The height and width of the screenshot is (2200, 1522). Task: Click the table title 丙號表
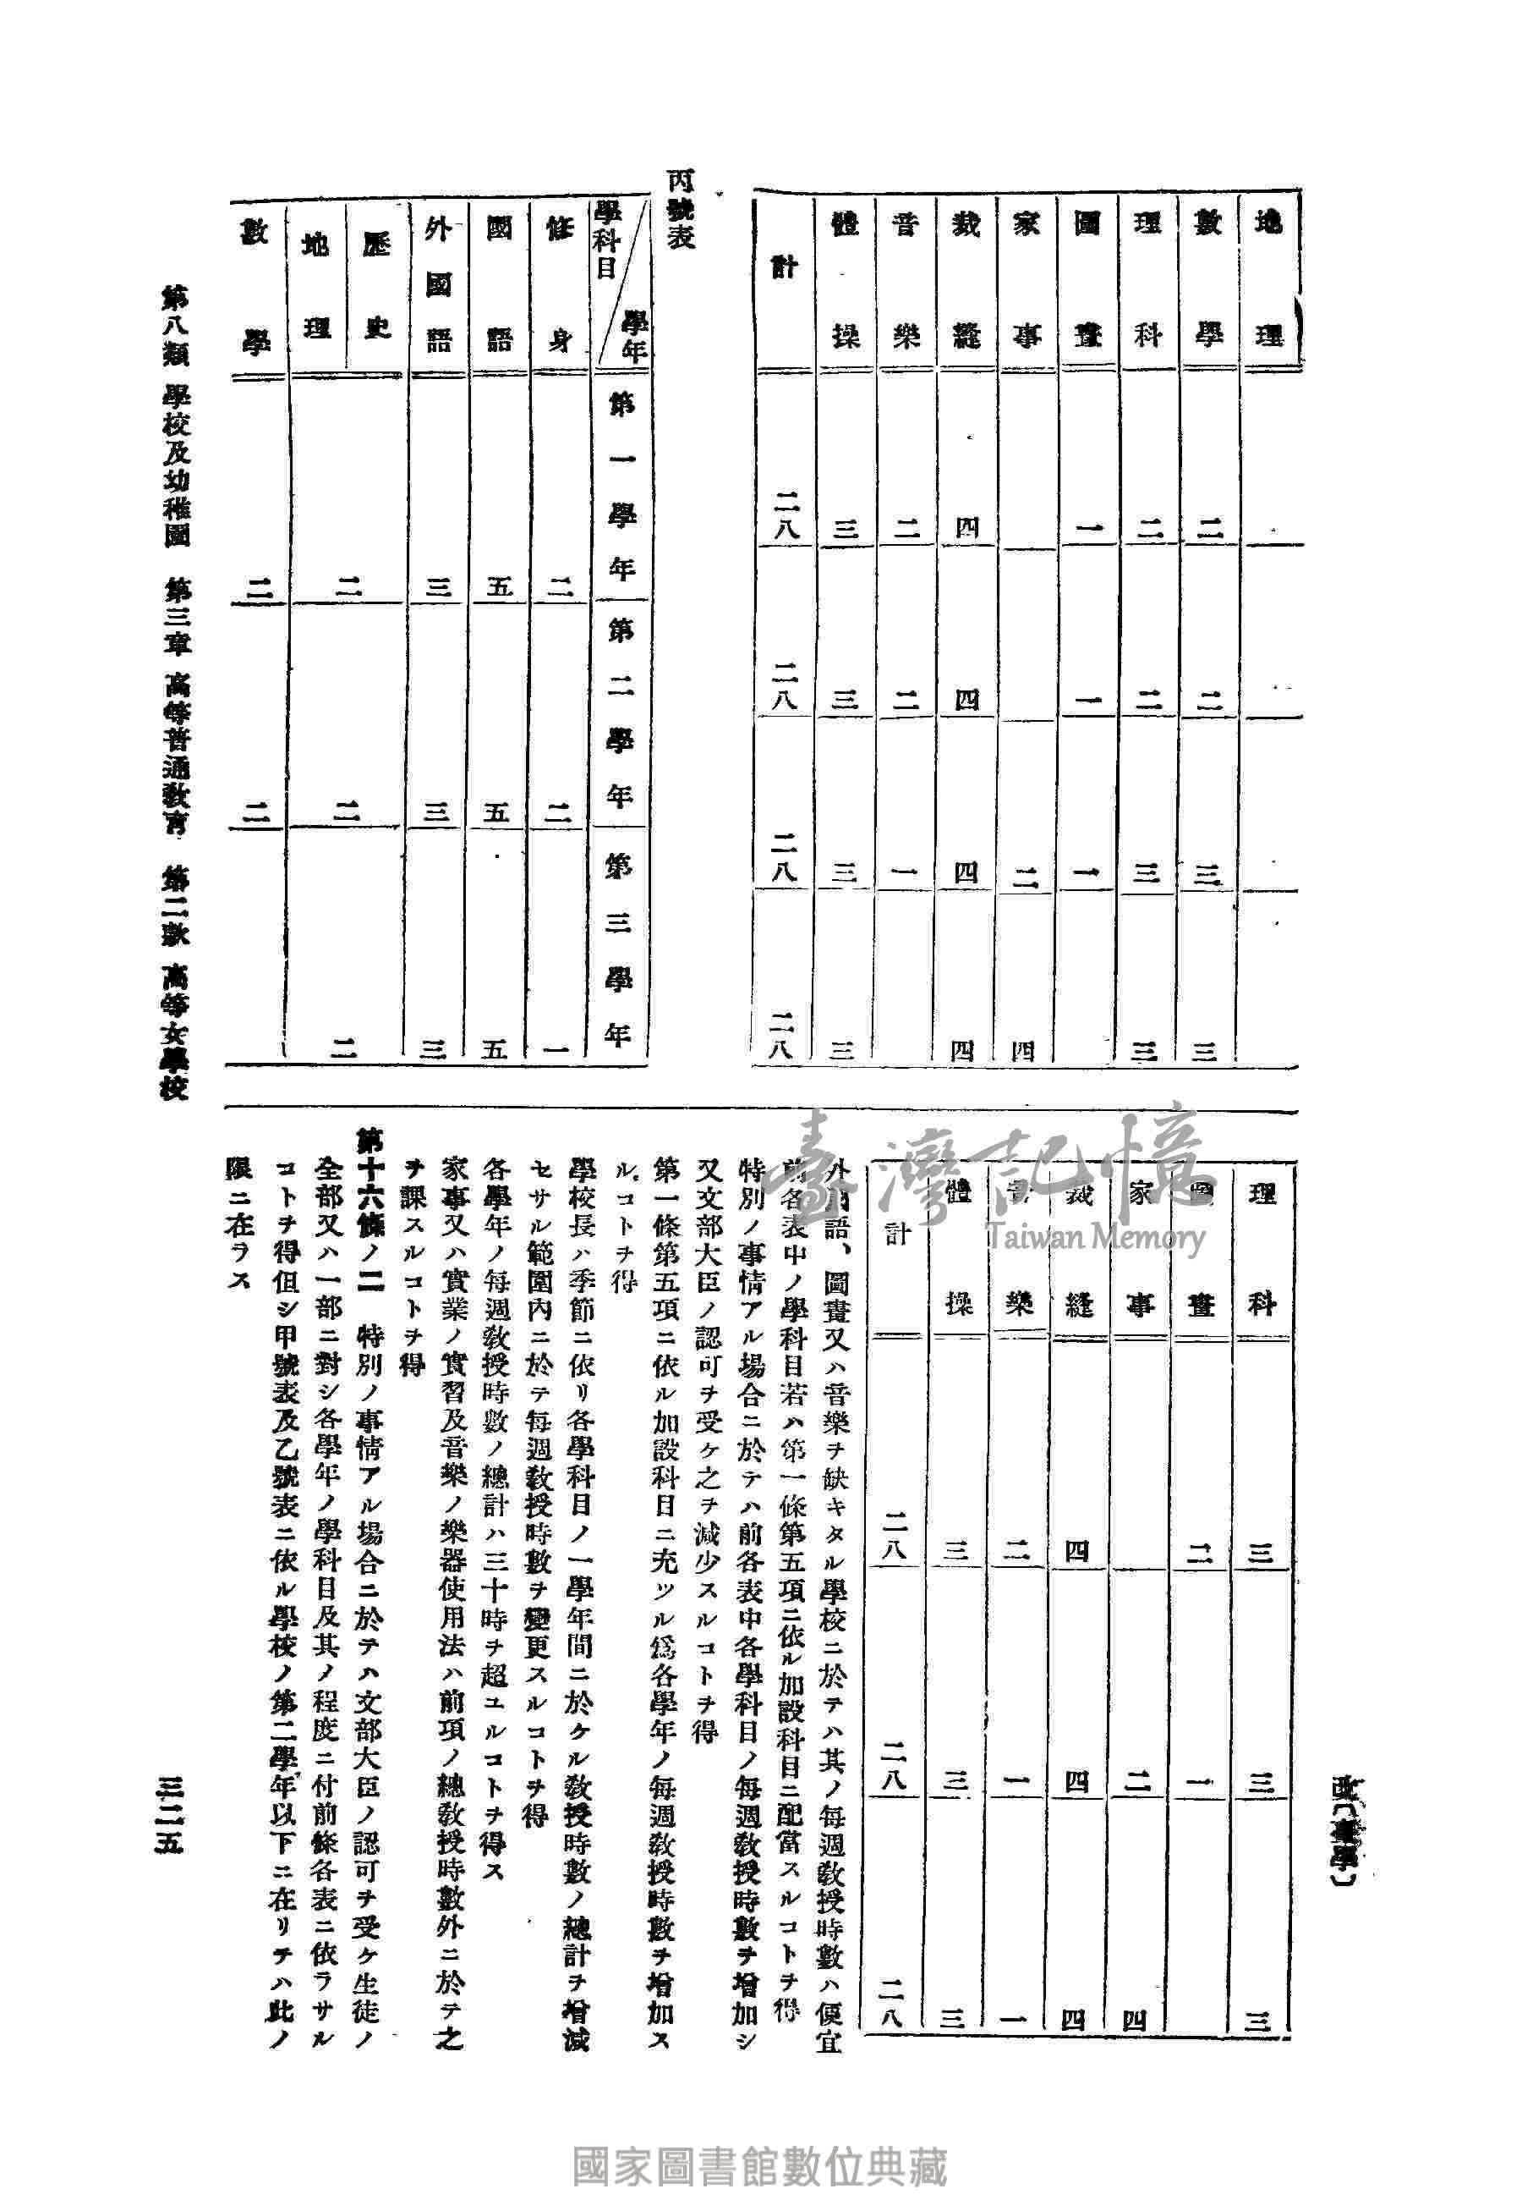[x=679, y=210]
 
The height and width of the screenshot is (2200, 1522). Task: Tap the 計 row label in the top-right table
[x=784, y=267]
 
